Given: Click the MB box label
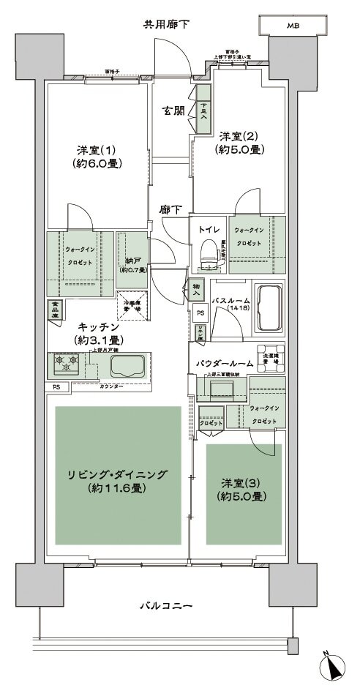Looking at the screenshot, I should (x=293, y=26).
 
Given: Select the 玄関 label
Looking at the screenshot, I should (x=173, y=111).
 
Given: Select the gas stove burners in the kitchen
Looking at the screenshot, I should (x=64, y=361).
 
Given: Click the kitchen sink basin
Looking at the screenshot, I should (x=126, y=365).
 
